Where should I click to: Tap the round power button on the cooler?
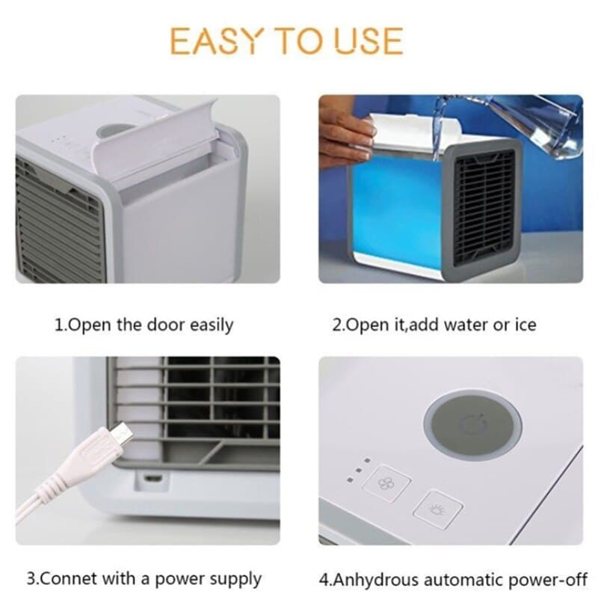tap(472, 423)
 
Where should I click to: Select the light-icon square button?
tap(438, 511)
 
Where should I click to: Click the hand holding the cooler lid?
tap(345, 132)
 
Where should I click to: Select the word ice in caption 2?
tap(524, 325)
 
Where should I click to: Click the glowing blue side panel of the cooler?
tap(397, 209)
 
